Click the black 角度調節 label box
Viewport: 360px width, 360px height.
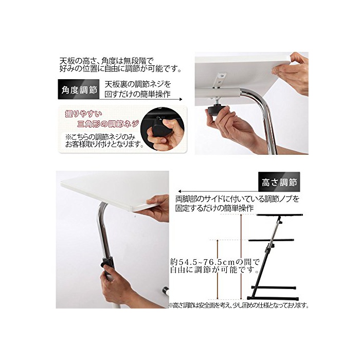click(x=79, y=89)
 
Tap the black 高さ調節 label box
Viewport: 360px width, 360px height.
click(x=279, y=182)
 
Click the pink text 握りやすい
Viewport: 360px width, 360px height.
click(x=83, y=114)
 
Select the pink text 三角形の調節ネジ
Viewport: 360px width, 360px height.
click(x=109, y=124)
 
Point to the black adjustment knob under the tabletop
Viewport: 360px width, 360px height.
click(x=215, y=112)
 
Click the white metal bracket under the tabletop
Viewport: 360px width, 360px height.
click(x=220, y=80)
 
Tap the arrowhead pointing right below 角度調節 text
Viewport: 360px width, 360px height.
click(x=181, y=99)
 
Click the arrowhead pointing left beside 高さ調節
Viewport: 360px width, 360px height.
click(x=180, y=191)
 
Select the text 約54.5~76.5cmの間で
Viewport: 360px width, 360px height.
click(x=214, y=262)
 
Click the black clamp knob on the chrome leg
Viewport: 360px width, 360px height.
click(x=107, y=263)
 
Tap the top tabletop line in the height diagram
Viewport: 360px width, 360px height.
click(x=279, y=215)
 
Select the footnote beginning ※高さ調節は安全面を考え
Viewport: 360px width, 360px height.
click(x=238, y=305)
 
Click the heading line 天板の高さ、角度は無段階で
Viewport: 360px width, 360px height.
click(x=106, y=61)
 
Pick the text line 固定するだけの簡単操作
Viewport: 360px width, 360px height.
click(x=214, y=208)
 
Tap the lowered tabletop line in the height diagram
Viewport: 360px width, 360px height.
click(x=271, y=240)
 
